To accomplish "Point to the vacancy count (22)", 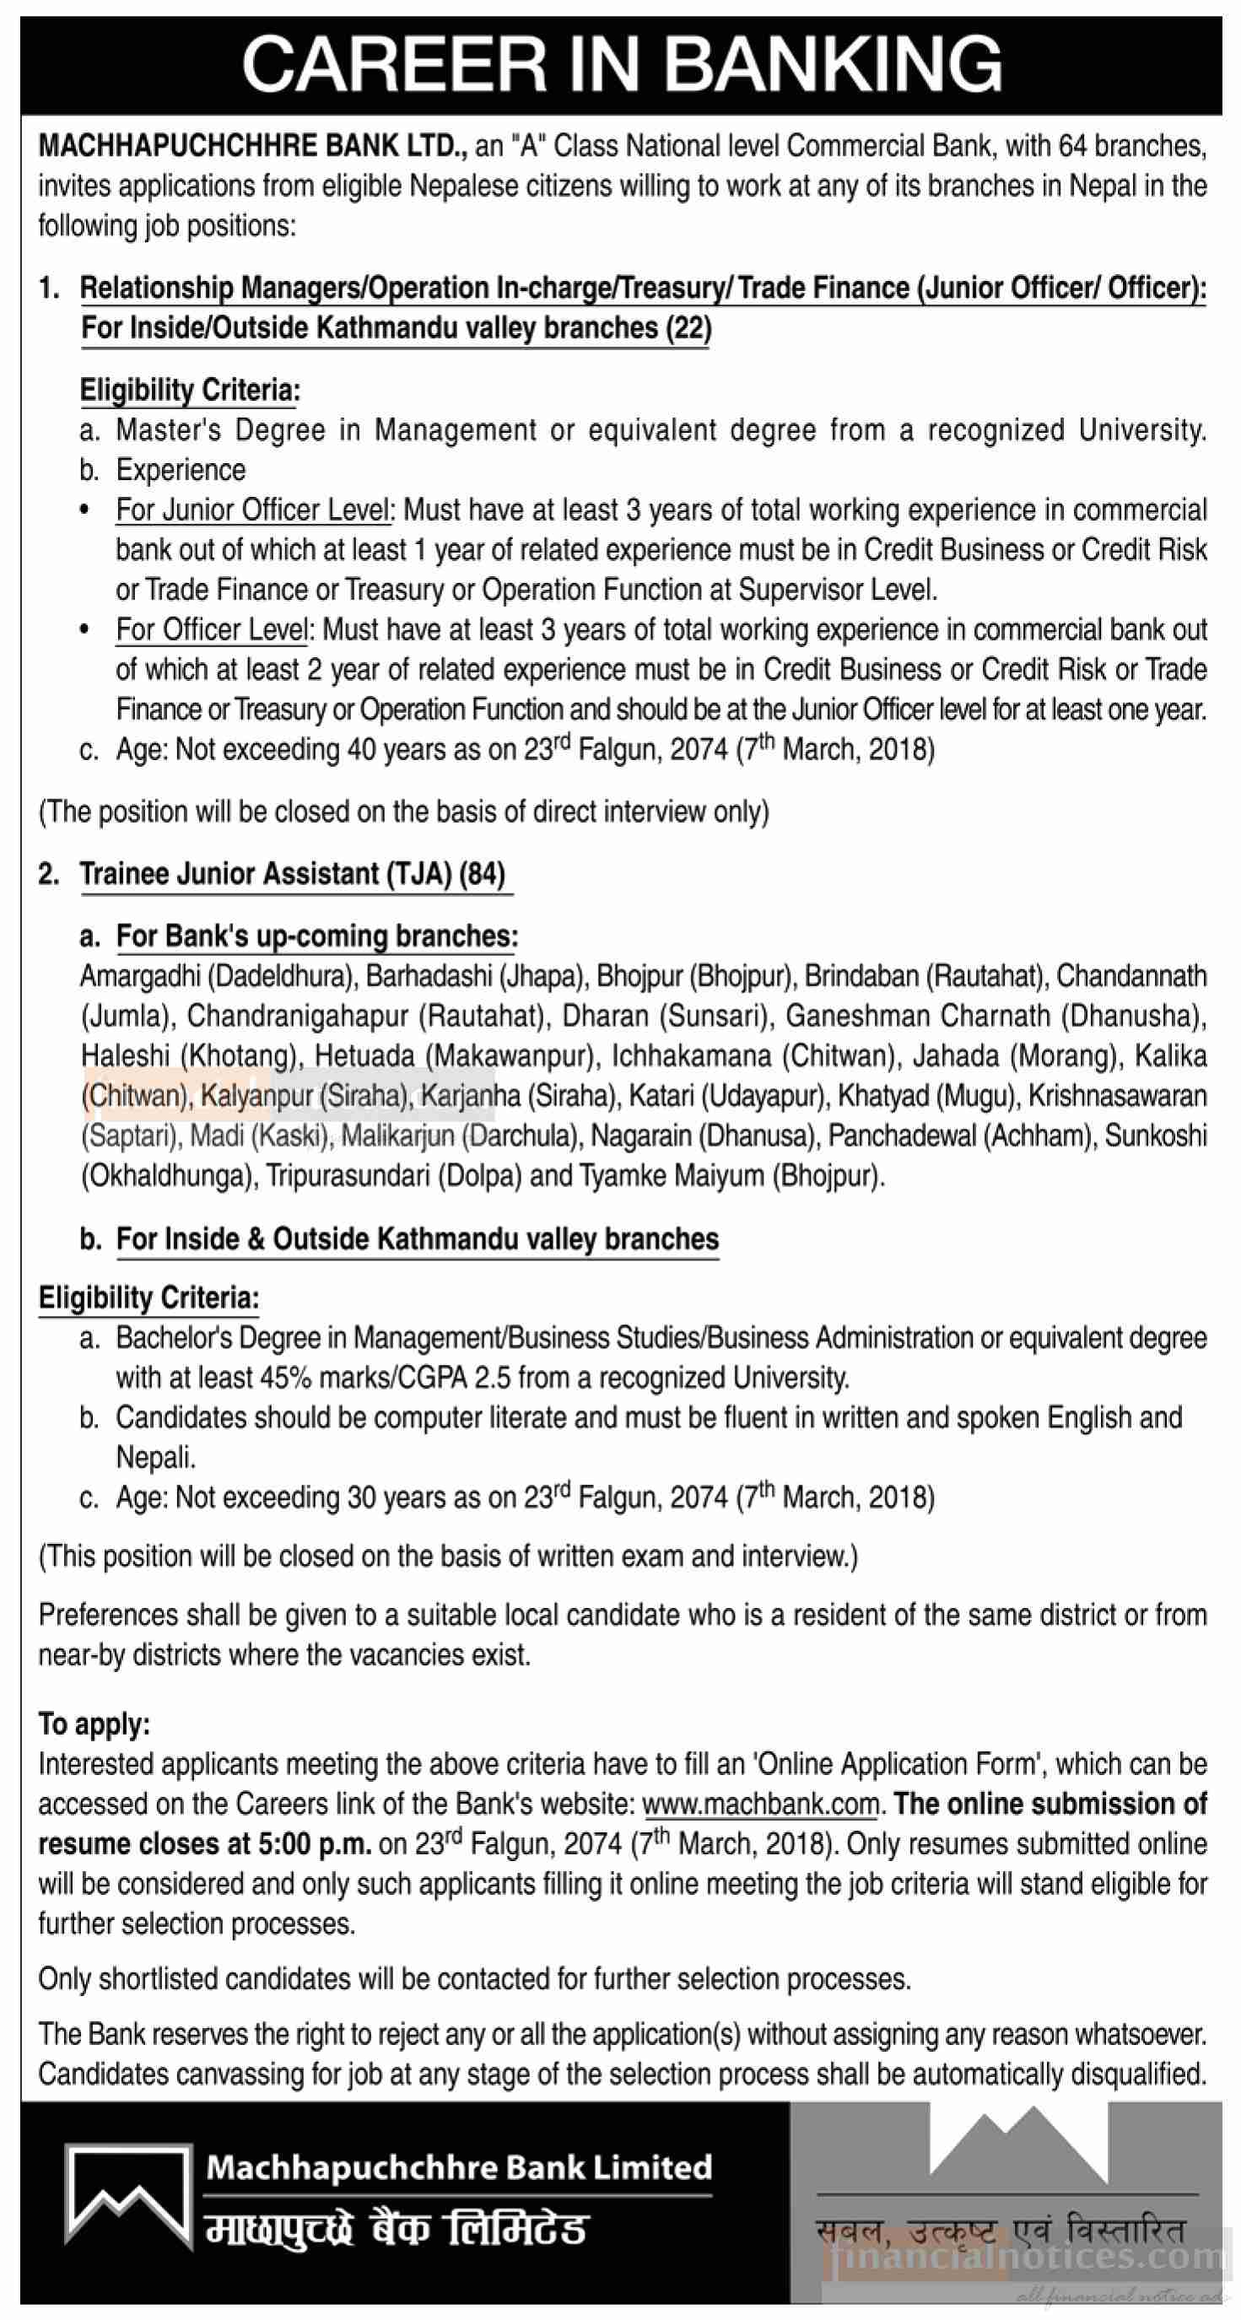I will (688, 328).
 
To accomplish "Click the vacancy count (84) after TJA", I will (482, 875).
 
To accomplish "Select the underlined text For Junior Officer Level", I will (253, 510).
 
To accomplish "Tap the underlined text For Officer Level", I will (212, 630).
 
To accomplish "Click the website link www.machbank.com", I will (760, 1805).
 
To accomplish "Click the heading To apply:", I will (94, 1724).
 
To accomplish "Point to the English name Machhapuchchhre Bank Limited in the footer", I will (458, 2167).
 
